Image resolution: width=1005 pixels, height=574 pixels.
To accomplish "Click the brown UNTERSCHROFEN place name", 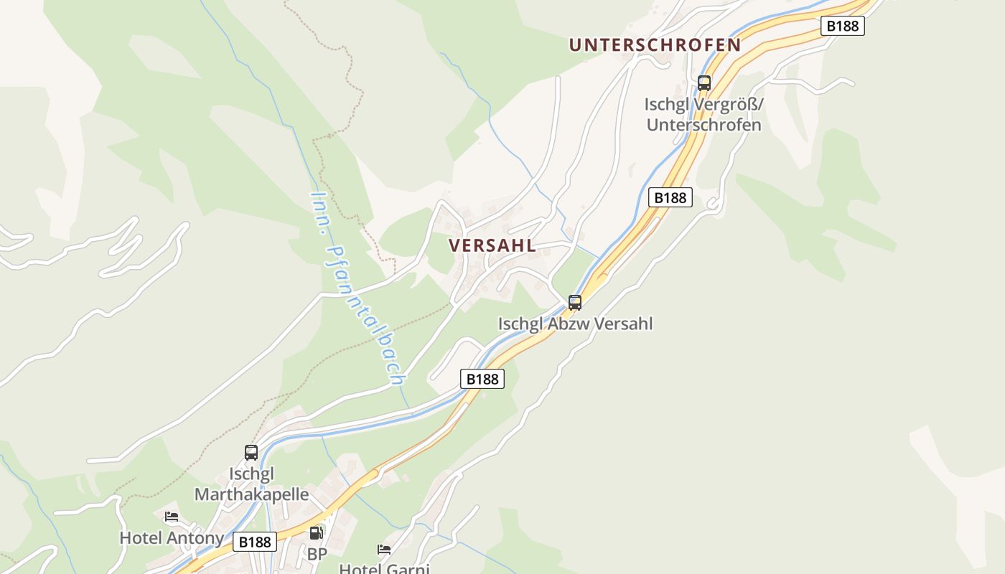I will coord(655,44).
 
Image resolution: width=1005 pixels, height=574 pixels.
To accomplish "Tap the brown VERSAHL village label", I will coord(492,245).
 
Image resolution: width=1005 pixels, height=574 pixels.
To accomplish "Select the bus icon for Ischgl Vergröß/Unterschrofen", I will coord(703,83).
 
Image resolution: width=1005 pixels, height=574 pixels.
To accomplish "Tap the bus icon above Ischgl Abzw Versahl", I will coord(574,302).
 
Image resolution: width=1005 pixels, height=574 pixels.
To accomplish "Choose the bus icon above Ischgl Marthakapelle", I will coord(251,453).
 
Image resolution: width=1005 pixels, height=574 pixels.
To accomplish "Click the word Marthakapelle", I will coord(252,494).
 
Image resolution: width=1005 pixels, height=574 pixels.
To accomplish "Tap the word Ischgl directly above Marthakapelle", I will coord(252,474).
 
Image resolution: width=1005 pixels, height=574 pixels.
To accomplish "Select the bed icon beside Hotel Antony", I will coord(171,516).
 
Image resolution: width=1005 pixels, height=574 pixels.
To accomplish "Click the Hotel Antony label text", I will coord(171,537).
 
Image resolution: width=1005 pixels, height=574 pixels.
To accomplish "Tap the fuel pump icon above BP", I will coord(316,533).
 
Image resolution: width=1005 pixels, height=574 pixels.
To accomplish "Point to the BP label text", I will coord(317,554).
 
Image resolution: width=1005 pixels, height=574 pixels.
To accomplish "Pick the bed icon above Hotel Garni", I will coord(384,550).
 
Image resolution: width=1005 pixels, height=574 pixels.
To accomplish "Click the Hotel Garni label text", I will coord(384,569).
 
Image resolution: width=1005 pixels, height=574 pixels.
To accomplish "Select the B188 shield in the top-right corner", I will coord(843,26).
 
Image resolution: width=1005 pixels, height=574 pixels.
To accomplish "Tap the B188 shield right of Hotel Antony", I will coord(254,542).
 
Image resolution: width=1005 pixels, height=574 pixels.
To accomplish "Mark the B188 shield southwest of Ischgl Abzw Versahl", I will coord(482,379).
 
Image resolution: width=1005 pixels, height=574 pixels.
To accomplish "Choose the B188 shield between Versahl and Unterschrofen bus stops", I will coord(670,197).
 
